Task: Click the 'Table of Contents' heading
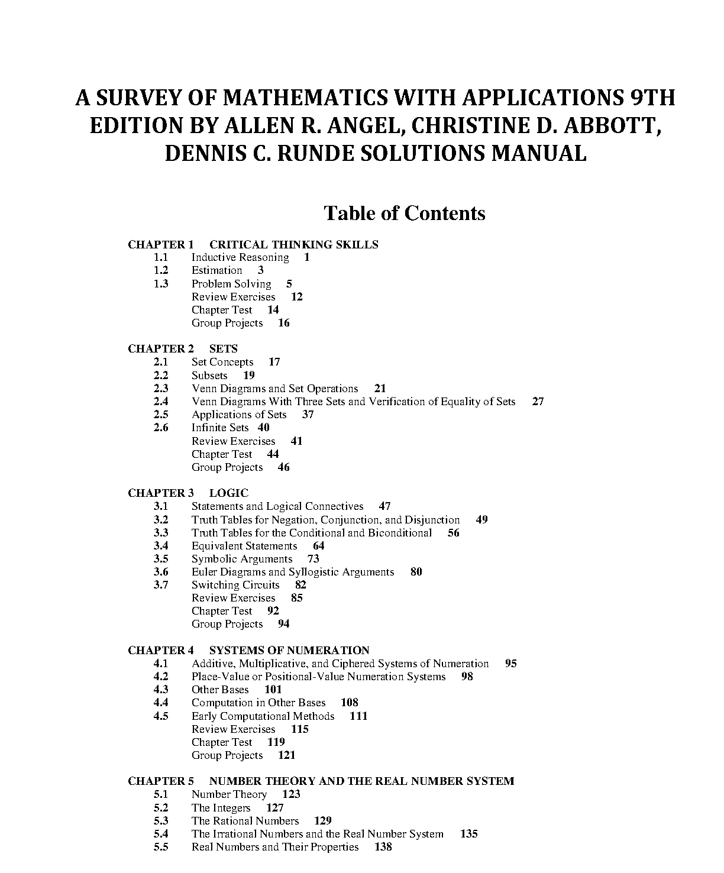click(x=405, y=213)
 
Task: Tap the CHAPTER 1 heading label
click(x=160, y=244)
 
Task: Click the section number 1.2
click(x=161, y=270)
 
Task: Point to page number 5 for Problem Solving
click(x=289, y=284)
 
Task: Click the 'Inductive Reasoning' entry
click(x=240, y=257)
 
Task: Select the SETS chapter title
click(x=223, y=349)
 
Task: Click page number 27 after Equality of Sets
click(x=538, y=402)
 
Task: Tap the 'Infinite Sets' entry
click(x=220, y=428)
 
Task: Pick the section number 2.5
click(x=161, y=415)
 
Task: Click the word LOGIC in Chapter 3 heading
click(x=228, y=493)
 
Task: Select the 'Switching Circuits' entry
click(x=235, y=585)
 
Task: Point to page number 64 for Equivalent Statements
click(x=318, y=546)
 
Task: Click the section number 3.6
click(x=161, y=572)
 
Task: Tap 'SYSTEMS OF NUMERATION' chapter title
click(x=289, y=651)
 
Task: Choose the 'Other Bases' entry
click(x=220, y=690)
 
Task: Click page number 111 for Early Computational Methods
click(x=358, y=716)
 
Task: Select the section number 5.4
click(x=161, y=834)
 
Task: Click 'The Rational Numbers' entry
click(x=245, y=821)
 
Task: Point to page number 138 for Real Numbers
click(x=383, y=847)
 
